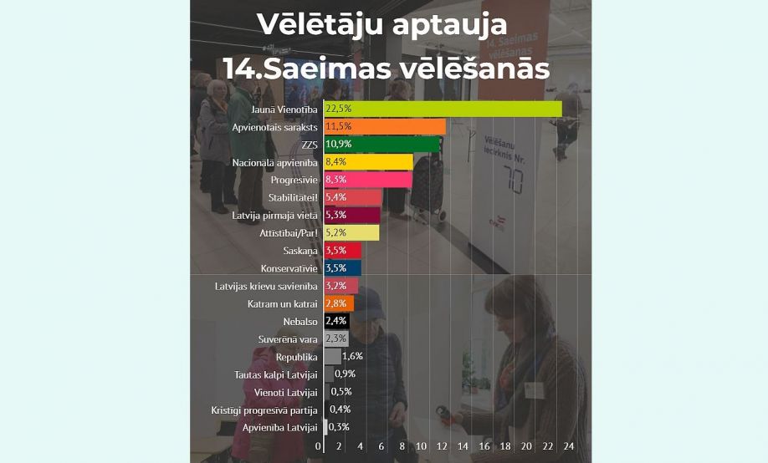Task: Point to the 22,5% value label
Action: tap(339, 109)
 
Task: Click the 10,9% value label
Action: tap(339, 144)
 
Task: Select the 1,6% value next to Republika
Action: tap(353, 356)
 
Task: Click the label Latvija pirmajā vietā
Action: tap(275, 215)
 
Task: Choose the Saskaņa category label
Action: tap(301, 250)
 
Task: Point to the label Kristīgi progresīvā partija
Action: tap(264, 410)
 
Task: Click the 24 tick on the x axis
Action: tap(568, 447)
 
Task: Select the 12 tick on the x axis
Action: tap(443, 447)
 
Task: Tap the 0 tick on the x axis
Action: tap(319, 447)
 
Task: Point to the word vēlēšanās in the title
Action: tap(473, 68)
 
